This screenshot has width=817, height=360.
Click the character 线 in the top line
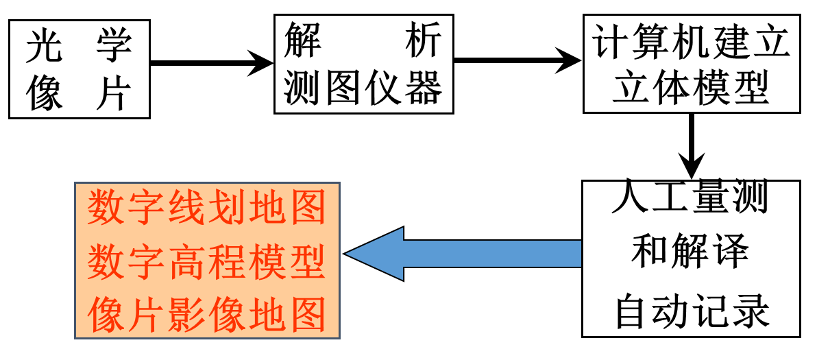pos(186,207)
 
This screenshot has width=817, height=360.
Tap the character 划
pos(226,207)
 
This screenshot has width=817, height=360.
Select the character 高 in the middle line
pos(186,262)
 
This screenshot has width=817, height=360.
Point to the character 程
pos(226,262)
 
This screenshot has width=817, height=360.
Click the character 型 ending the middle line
pos(307,262)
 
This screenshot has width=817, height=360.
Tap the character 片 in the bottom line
pos(145,315)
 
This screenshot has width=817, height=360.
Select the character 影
pos(186,315)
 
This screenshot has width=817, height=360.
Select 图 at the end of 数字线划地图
pos(307,207)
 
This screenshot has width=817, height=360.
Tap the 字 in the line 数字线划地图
pos(145,207)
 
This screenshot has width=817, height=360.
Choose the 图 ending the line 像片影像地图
pos(307,315)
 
